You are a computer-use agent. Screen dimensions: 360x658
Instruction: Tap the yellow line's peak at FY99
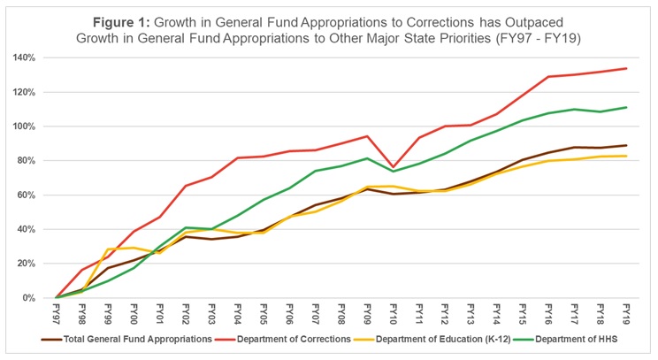click(x=108, y=249)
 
